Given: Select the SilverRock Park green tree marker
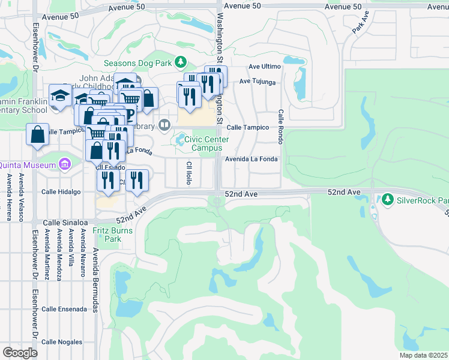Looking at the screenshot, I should [388, 199].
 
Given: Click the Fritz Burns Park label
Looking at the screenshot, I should [107, 235].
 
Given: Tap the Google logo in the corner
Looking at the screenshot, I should [20, 353].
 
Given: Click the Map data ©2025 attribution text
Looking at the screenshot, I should [423, 355].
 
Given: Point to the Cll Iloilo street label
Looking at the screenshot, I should [188, 173].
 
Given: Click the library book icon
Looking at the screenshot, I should [165, 125].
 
